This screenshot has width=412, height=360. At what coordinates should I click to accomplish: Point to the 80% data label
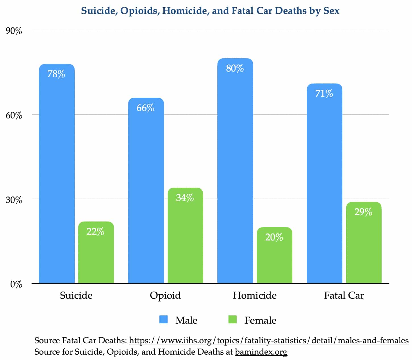235,68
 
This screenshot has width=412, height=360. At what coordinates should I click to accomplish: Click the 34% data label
185,198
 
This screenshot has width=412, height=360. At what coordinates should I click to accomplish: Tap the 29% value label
363,212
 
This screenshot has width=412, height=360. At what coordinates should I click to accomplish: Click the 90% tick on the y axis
14,31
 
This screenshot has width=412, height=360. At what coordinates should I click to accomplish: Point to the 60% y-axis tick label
14,115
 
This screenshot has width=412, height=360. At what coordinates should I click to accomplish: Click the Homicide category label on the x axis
255,296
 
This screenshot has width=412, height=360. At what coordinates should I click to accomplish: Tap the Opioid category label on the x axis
165,296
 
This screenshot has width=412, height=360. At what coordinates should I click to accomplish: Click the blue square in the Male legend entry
164,320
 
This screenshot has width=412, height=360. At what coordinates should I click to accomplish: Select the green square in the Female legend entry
232,320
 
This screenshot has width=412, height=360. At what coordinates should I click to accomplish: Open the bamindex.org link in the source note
261,352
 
